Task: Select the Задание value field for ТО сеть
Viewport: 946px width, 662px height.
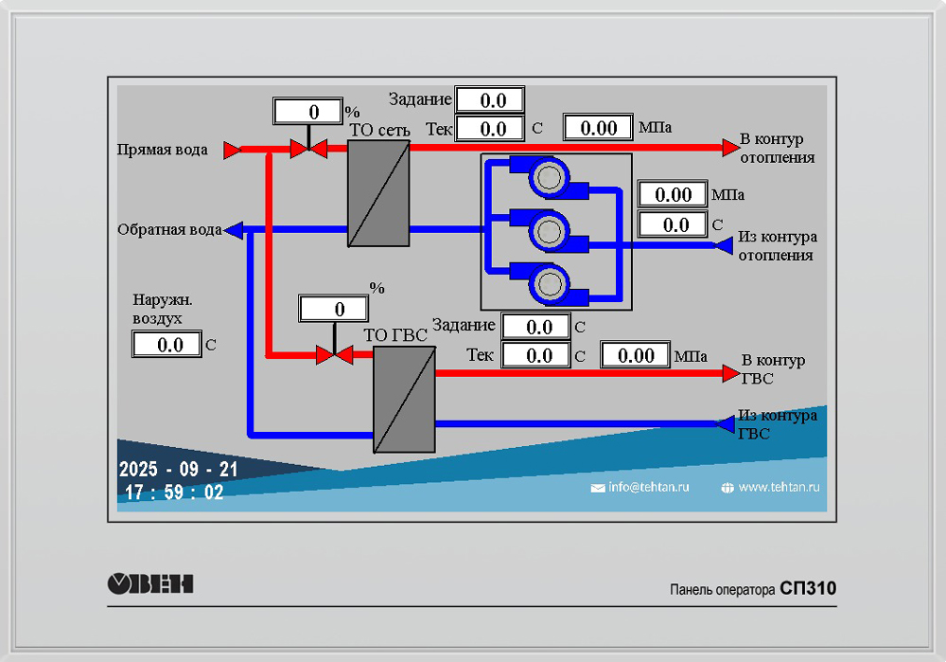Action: (x=490, y=99)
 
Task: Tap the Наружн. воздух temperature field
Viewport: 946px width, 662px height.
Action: (x=167, y=345)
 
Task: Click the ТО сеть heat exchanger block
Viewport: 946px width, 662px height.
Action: (x=378, y=193)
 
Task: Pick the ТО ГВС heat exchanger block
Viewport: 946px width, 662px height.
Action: (x=404, y=399)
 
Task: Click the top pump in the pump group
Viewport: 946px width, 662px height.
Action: (x=548, y=176)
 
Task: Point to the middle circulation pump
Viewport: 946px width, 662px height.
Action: (x=548, y=229)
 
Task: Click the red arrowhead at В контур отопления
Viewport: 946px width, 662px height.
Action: (x=729, y=147)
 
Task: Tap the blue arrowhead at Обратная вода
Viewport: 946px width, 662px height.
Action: (x=234, y=229)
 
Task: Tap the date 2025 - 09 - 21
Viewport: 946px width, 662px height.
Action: (x=179, y=470)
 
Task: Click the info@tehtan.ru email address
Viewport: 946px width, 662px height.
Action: (x=649, y=487)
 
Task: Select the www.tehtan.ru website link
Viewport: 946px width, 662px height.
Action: (x=778, y=487)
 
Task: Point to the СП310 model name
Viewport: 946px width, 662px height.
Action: (x=808, y=589)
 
